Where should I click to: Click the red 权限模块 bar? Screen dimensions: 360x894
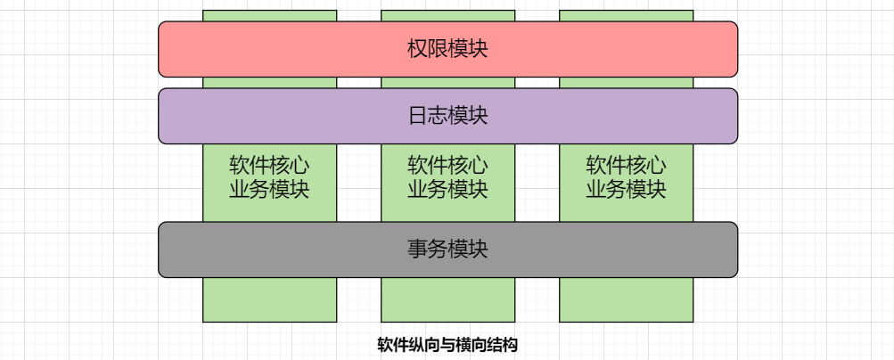[x=267, y=49]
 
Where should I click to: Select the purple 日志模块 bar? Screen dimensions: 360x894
[x=267, y=116]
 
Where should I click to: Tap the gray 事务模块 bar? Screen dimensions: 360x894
[x=267, y=250]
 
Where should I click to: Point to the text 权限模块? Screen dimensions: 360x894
[x=447, y=49]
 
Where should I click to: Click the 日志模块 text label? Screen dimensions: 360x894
[x=447, y=116]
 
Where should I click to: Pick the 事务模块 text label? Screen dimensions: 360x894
[x=447, y=250]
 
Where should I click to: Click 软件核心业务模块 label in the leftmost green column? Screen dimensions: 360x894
[x=269, y=177]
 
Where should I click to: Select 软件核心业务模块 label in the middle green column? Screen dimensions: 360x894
[x=447, y=177]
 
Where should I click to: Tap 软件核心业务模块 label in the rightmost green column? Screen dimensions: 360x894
[x=626, y=177]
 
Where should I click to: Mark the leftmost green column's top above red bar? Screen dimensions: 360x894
[x=269, y=15]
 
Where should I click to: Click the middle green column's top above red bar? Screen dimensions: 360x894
[x=447, y=15]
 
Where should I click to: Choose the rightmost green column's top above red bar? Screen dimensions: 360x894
[x=626, y=15]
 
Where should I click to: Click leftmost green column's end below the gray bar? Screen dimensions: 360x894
[x=269, y=299]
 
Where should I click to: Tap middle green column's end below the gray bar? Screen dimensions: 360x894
[x=447, y=299]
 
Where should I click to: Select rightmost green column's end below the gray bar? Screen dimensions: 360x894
[x=626, y=299]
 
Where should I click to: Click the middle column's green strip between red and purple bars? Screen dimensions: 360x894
[x=447, y=83]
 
